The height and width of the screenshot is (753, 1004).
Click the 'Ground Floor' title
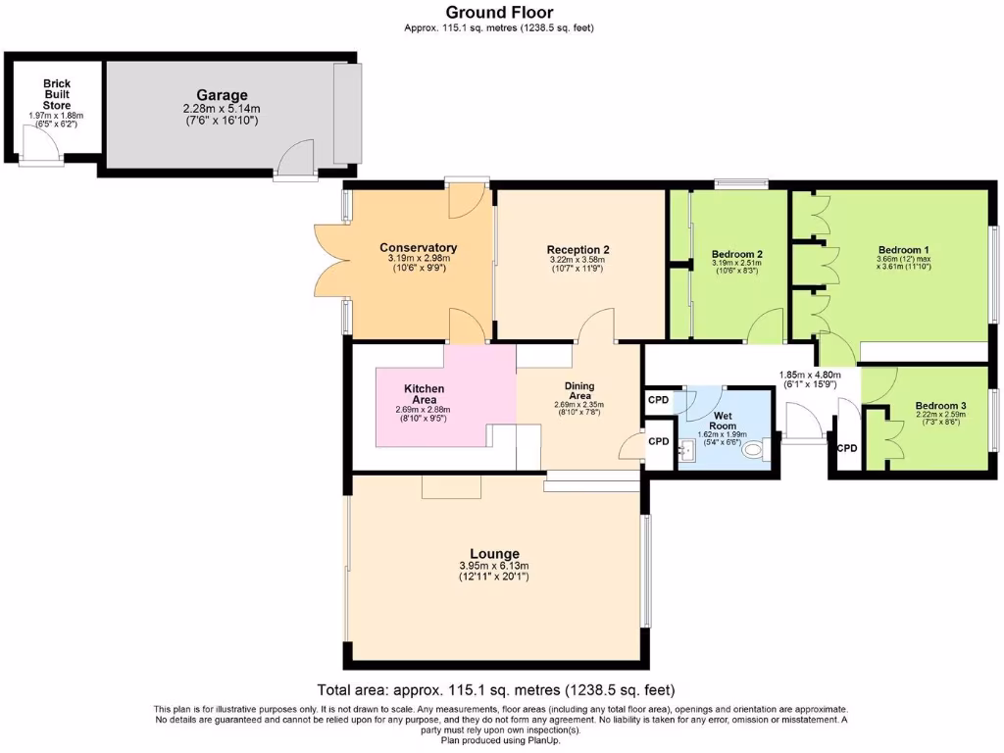click(499, 12)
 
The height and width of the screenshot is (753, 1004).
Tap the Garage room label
click(221, 95)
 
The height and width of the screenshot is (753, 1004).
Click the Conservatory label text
click(419, 247)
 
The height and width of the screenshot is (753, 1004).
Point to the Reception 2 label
click(577, 250)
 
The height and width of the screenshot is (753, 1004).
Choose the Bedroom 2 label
click(737, 254)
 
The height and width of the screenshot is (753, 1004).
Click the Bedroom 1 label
click(902, 249)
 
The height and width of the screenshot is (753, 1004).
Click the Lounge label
click(494, 553)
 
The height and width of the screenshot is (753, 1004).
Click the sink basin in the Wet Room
click(686, 450)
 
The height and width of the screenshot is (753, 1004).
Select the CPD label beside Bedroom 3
click(846, 448)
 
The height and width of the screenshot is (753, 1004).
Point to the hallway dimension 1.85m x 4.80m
click(809, 374)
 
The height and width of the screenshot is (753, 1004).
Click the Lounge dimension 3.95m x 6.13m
click(494, 566)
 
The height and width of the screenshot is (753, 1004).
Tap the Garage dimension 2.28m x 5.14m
click(221, 108)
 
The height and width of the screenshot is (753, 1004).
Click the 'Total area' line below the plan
click(495, 689)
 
